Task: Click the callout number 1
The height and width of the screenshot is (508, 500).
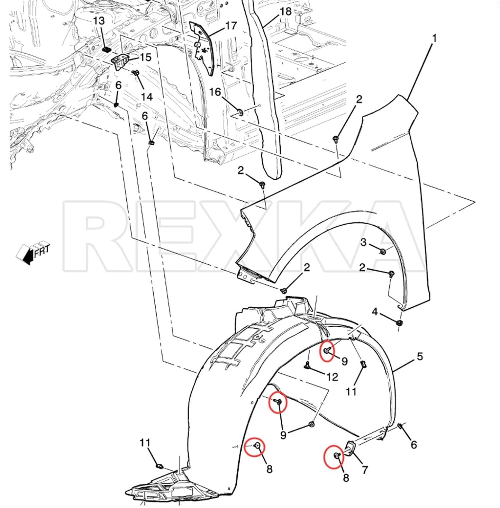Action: click(x=434, y=39)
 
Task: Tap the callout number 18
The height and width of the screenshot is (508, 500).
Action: click(x=285, y=11)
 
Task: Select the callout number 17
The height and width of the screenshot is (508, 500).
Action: click(x=231, y=26)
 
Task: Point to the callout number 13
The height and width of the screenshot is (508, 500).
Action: click(x=99, y=21)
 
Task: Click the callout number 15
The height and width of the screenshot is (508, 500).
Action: click(x=145, y=57)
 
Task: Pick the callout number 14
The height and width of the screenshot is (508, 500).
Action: click(x=147, y=97)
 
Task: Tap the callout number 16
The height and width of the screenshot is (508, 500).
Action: click(x=215, y=92)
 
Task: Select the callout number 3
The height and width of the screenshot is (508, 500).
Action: click(x=364, y=242)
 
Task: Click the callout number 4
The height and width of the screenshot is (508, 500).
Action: click(x=375, y=312)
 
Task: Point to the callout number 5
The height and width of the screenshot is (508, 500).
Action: click(x=420, y=356)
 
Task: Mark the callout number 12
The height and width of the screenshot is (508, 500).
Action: click(x=332, y=377)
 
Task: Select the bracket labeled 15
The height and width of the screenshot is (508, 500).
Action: click(x=121, y=62)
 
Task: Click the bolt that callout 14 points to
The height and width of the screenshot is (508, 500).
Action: click(x=136, y=73)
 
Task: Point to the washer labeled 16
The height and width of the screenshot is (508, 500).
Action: click(x=240, y=112)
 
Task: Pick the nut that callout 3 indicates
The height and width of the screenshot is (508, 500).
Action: click(x=383, y=252)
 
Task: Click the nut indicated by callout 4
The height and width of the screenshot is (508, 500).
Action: click(x=399, y=323)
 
